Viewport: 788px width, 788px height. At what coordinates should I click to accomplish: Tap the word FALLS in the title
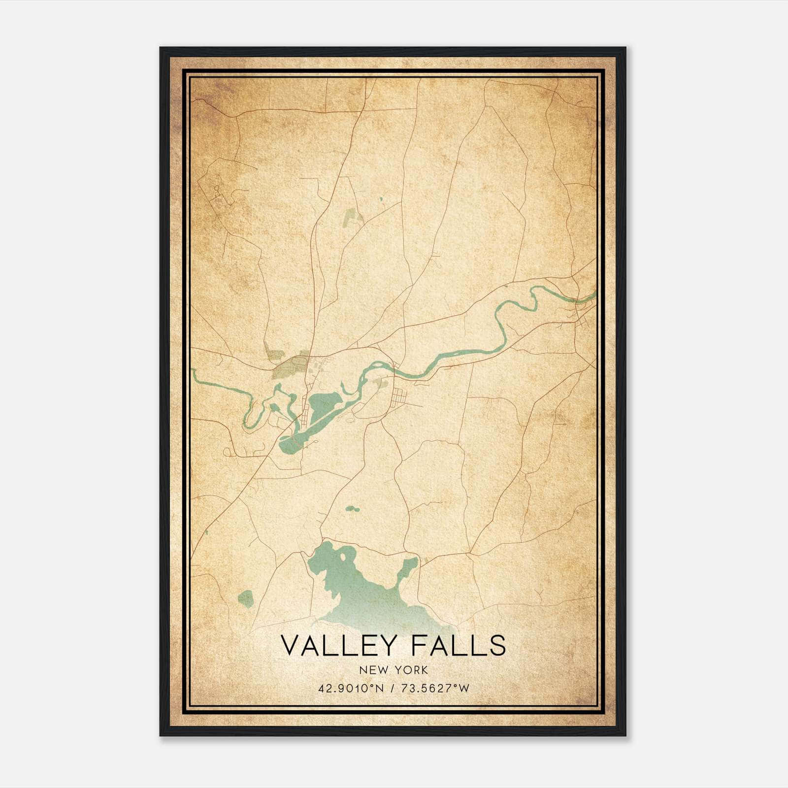pos(460,645)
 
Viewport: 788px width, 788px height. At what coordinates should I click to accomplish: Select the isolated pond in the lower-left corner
pos(245,598)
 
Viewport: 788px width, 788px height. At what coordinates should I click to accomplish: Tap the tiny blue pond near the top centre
pos(381,199)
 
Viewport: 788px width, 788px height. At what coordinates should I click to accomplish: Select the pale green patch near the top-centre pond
pos(351,217)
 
